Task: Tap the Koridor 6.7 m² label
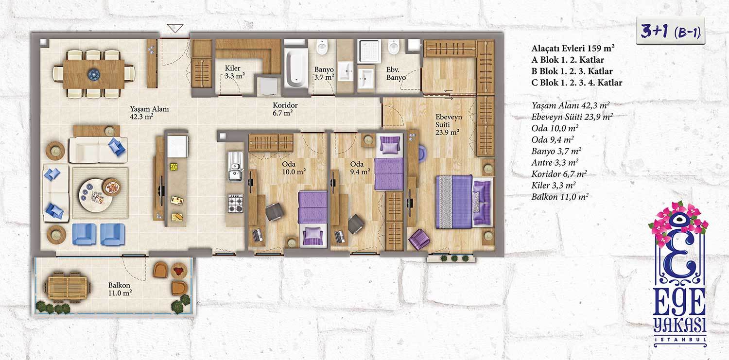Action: [x=285, y=109]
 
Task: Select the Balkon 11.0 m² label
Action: [x=120, y=289]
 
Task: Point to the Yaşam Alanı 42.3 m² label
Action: [x=149, y=113]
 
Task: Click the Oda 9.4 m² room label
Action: [x=360, y=168]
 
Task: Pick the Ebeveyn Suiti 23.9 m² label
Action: [x=449, y=124]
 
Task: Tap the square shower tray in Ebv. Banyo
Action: [x=369, y=51]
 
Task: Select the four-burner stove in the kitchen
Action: [x=235, y=204]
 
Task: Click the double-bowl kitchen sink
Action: [x=235, y=167]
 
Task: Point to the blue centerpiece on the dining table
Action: [x=94, y=74]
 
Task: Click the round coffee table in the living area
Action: [x=96, y=195]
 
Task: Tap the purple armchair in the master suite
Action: [x=419, y=239]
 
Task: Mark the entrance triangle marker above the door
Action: [x=175, y=28]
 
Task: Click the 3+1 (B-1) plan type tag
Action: [x=670, y=32]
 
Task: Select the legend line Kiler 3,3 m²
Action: [x=554, y=186]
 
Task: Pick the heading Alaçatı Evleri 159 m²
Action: [x=573, y=49]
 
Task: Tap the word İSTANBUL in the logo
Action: [x=680, y=340]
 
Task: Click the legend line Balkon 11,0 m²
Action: [x=560, y=197]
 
